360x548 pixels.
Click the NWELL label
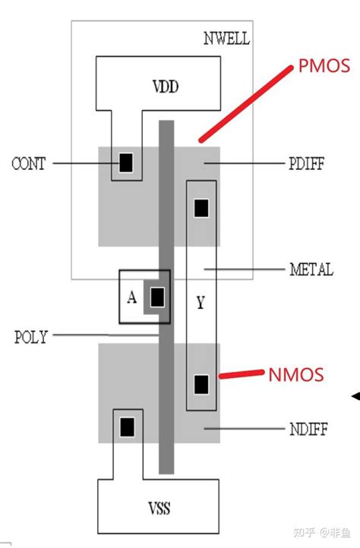226,39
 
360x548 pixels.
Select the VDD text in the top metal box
166,87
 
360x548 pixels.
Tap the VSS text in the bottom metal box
159,509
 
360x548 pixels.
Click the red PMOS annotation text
324,66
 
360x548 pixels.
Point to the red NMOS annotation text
296,375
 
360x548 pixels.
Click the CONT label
29,163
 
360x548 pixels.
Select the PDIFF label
307,163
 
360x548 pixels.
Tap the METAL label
311,269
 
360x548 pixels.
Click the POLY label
31,337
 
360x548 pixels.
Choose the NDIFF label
308,429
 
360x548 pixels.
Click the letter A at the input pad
132,298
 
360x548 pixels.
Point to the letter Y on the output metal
201,302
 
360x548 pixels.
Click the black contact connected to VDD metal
126,163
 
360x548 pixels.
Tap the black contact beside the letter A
157,297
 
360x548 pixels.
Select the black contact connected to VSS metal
127,427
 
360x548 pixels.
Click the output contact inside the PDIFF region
201,208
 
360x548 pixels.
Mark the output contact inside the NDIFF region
201,385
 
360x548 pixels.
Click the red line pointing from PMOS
246,104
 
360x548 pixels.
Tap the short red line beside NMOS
242,374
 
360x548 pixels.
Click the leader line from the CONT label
86,163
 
